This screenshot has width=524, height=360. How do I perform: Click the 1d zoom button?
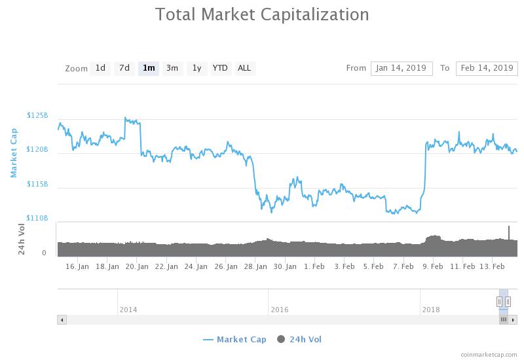coord(100,68)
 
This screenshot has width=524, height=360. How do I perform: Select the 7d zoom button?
coord(124,68)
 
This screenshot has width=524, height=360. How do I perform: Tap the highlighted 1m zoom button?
coord(149,68)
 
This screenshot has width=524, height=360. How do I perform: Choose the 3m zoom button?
coord(172,68)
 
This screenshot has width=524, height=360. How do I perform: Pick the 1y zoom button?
coord(196,68)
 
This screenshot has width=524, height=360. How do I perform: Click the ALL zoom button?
coord(244,68)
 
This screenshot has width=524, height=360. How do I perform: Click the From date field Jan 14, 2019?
coord(402,68)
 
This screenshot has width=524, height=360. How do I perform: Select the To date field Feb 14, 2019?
coord(487,68)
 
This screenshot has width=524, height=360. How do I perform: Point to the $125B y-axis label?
coord(37,115)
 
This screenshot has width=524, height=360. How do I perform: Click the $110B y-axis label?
coord(37,218)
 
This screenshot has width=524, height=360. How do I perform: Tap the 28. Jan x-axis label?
coord(256,266)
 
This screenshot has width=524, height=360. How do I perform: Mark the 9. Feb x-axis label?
coord(432,266)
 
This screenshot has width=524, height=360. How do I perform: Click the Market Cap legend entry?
coord(235,339)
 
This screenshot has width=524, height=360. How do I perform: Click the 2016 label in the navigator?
coord(280,310)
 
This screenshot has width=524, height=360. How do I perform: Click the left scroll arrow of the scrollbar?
coord(62,320)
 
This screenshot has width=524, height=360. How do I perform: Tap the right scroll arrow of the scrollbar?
coord(514,320)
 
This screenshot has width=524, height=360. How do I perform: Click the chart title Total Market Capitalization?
coord(262,14)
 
